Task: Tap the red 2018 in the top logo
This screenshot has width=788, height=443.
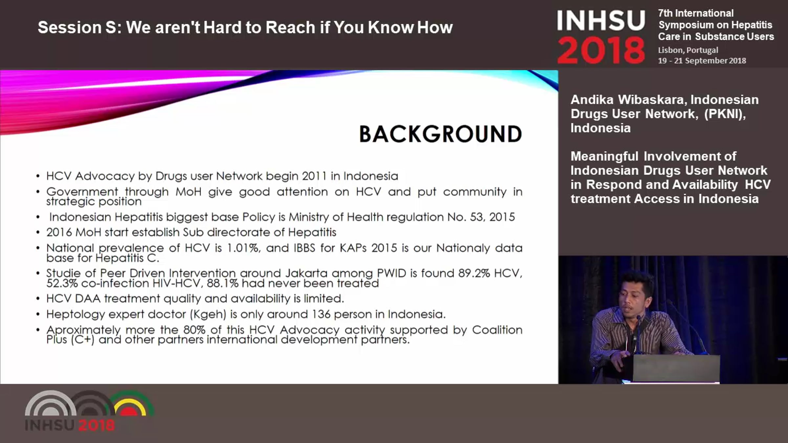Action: (x=601, y=50)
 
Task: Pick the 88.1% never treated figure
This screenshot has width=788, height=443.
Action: (x=222, y=284)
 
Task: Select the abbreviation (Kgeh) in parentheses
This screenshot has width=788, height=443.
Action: (x=208, y=314)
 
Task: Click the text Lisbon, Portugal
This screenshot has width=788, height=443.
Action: (x=688, y=50)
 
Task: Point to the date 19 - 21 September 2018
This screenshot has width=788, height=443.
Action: (x=702, y=61)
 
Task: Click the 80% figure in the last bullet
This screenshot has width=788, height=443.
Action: (x=194, y=330)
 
